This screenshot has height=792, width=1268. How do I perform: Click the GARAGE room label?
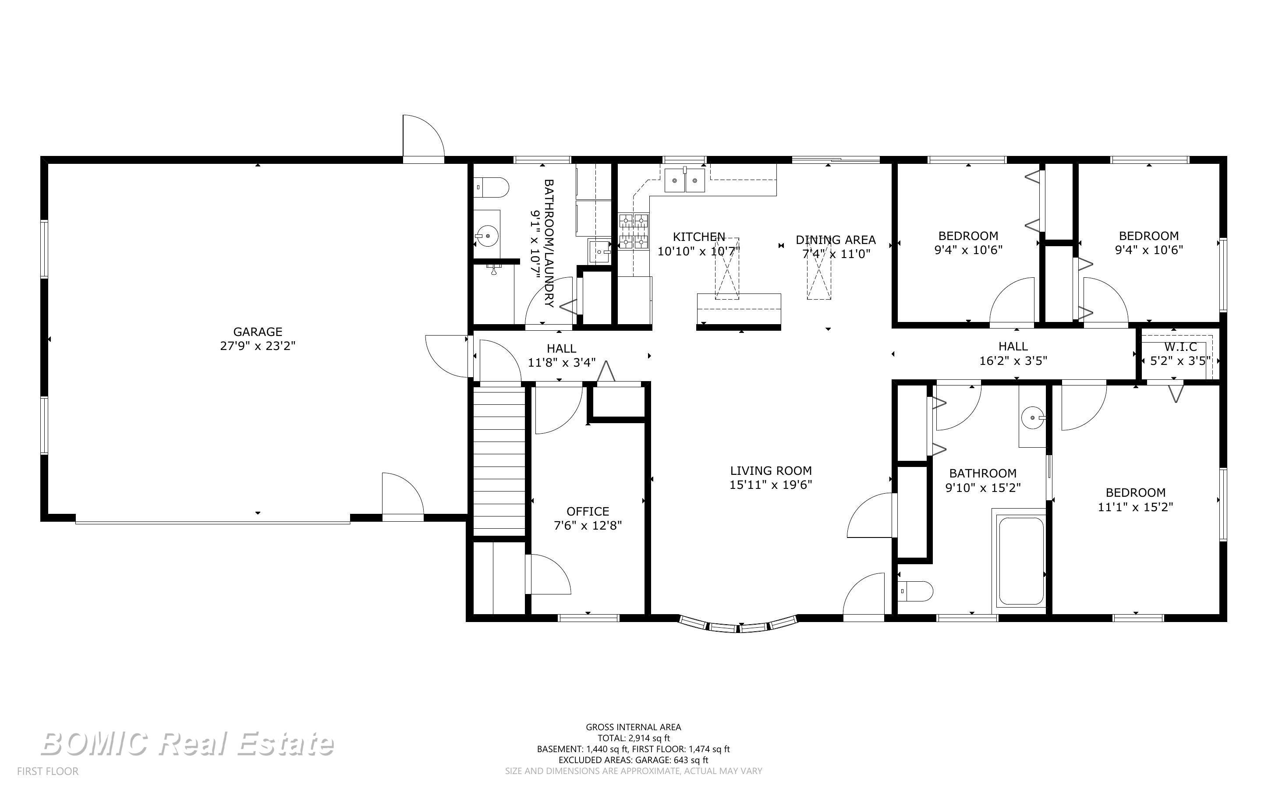(258, 332)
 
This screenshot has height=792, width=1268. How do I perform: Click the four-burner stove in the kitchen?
(634, 231)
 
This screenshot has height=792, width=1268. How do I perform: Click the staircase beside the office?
(499, 460)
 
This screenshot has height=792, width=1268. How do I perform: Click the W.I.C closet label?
(1180, 347)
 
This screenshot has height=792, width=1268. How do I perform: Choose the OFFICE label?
(588, 511)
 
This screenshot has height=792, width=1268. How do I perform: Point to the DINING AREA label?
(836, 240)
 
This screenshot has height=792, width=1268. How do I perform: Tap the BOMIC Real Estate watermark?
(187, 744)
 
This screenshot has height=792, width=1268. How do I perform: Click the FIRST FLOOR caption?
(48, 771)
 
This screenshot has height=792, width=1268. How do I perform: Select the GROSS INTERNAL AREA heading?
(633, 727)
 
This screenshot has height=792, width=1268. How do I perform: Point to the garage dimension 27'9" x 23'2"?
(258, 346)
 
